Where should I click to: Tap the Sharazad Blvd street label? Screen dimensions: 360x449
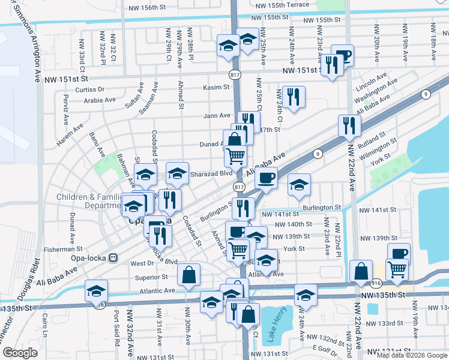pyautogui.click(x=211, y=173)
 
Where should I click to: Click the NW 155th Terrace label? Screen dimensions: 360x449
pyautogui.click(x=283, y=5)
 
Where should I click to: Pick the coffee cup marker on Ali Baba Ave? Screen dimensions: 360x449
pyautogui.click(x=266, y=178)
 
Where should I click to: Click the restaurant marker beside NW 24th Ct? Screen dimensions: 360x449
pyautogui.click(x=294, y=97)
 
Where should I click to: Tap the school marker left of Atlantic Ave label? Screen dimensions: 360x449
pyautogui.click(x=96, y=291)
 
